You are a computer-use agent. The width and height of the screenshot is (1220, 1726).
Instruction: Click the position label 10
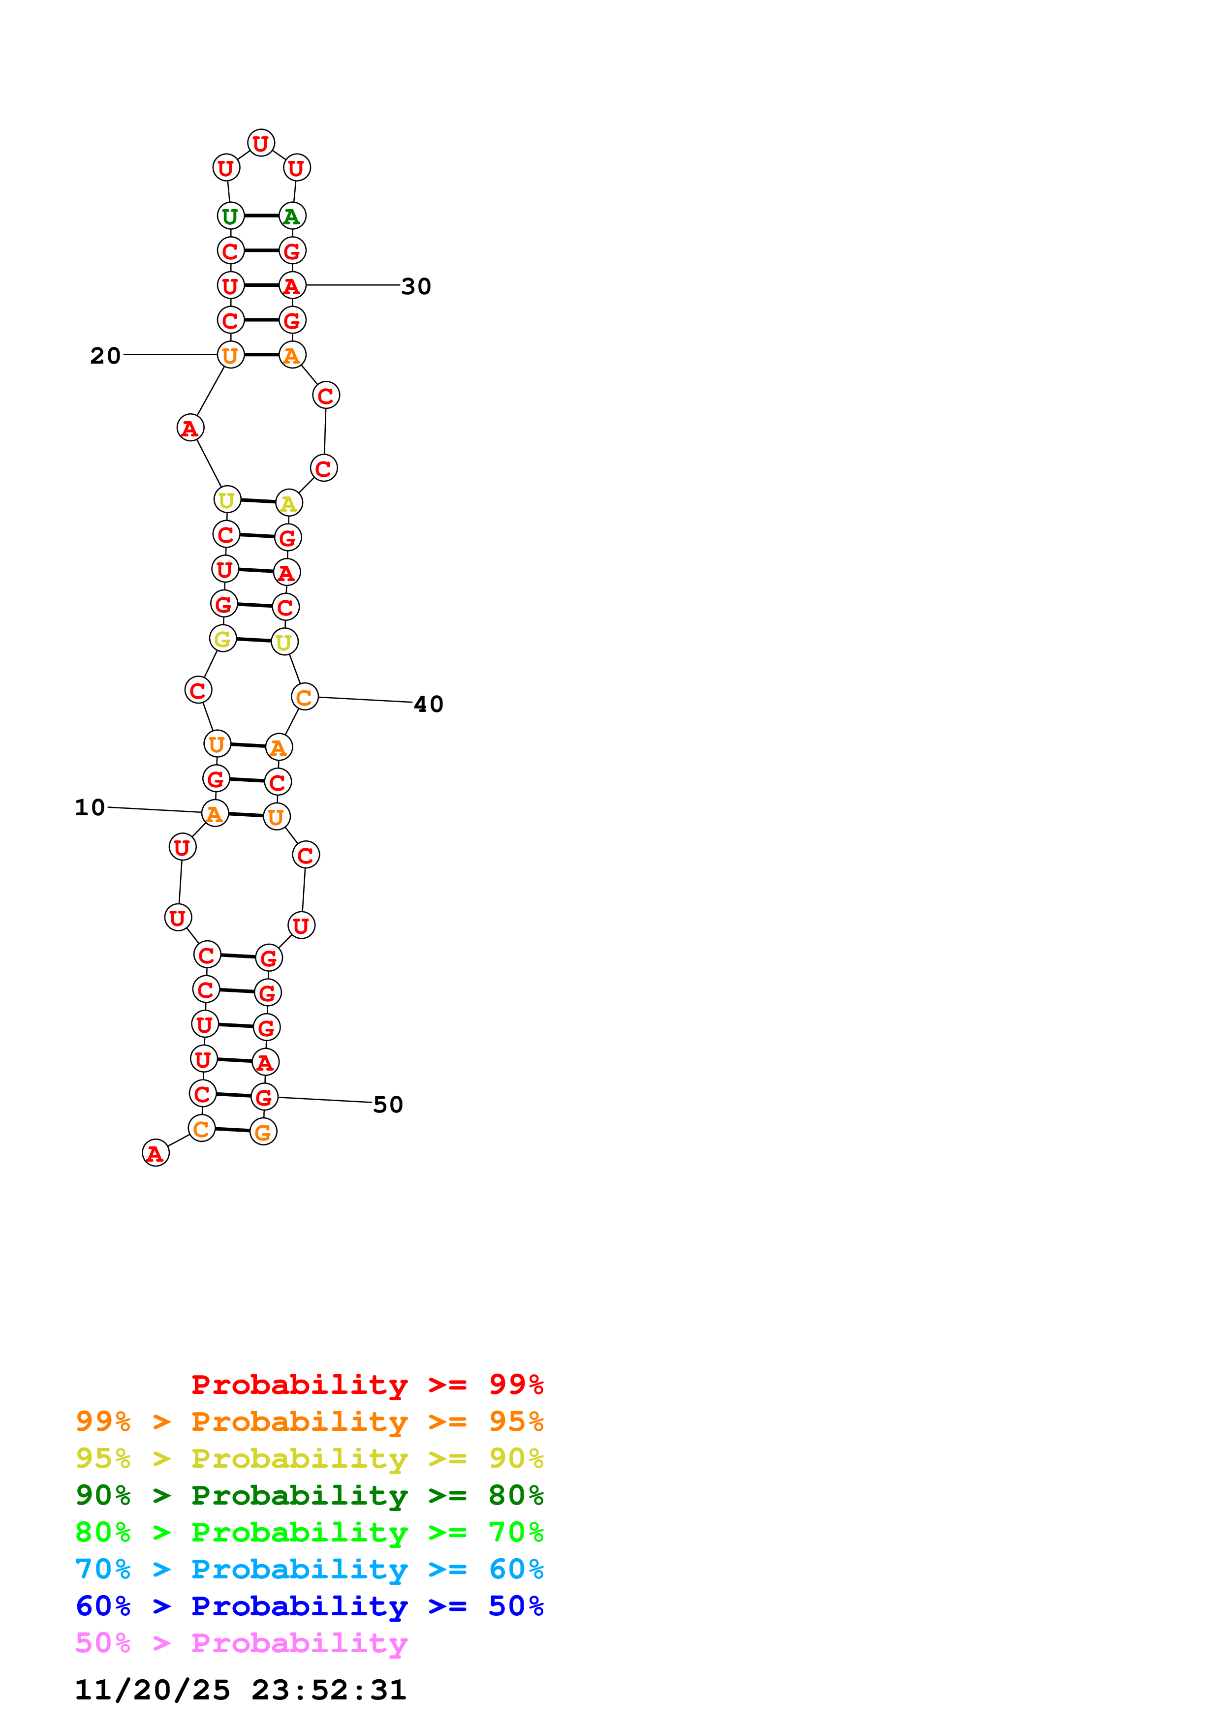pos(90,807)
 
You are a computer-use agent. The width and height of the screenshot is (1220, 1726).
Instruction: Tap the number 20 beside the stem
pos(105,356)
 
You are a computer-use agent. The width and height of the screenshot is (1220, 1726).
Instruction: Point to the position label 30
pos(416,286)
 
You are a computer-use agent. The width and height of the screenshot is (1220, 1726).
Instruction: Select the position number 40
pos(429,705)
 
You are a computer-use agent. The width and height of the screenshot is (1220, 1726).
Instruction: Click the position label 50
pos(388,1104)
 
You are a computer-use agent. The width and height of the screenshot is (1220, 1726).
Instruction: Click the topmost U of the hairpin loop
pos(261,143)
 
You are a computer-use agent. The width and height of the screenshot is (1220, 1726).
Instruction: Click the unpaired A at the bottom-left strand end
pos(156,1153)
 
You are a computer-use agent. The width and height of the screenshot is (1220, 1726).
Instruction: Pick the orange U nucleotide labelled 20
pos(230,355)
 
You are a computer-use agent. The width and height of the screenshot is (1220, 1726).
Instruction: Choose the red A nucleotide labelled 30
pos(292,286)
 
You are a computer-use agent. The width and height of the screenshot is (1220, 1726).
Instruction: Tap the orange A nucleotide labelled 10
pos(214,813)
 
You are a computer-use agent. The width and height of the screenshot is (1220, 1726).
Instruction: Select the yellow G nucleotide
pos(222,639)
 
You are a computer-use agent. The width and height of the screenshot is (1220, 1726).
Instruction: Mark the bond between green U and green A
pos(261,216)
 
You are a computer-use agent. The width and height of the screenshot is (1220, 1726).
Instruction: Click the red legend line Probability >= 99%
pos(367,1384)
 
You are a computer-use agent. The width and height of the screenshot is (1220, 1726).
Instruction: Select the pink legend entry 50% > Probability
pos(241,1642)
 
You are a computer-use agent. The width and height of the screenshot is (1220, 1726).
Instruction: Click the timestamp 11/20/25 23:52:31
pos(241,1689)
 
